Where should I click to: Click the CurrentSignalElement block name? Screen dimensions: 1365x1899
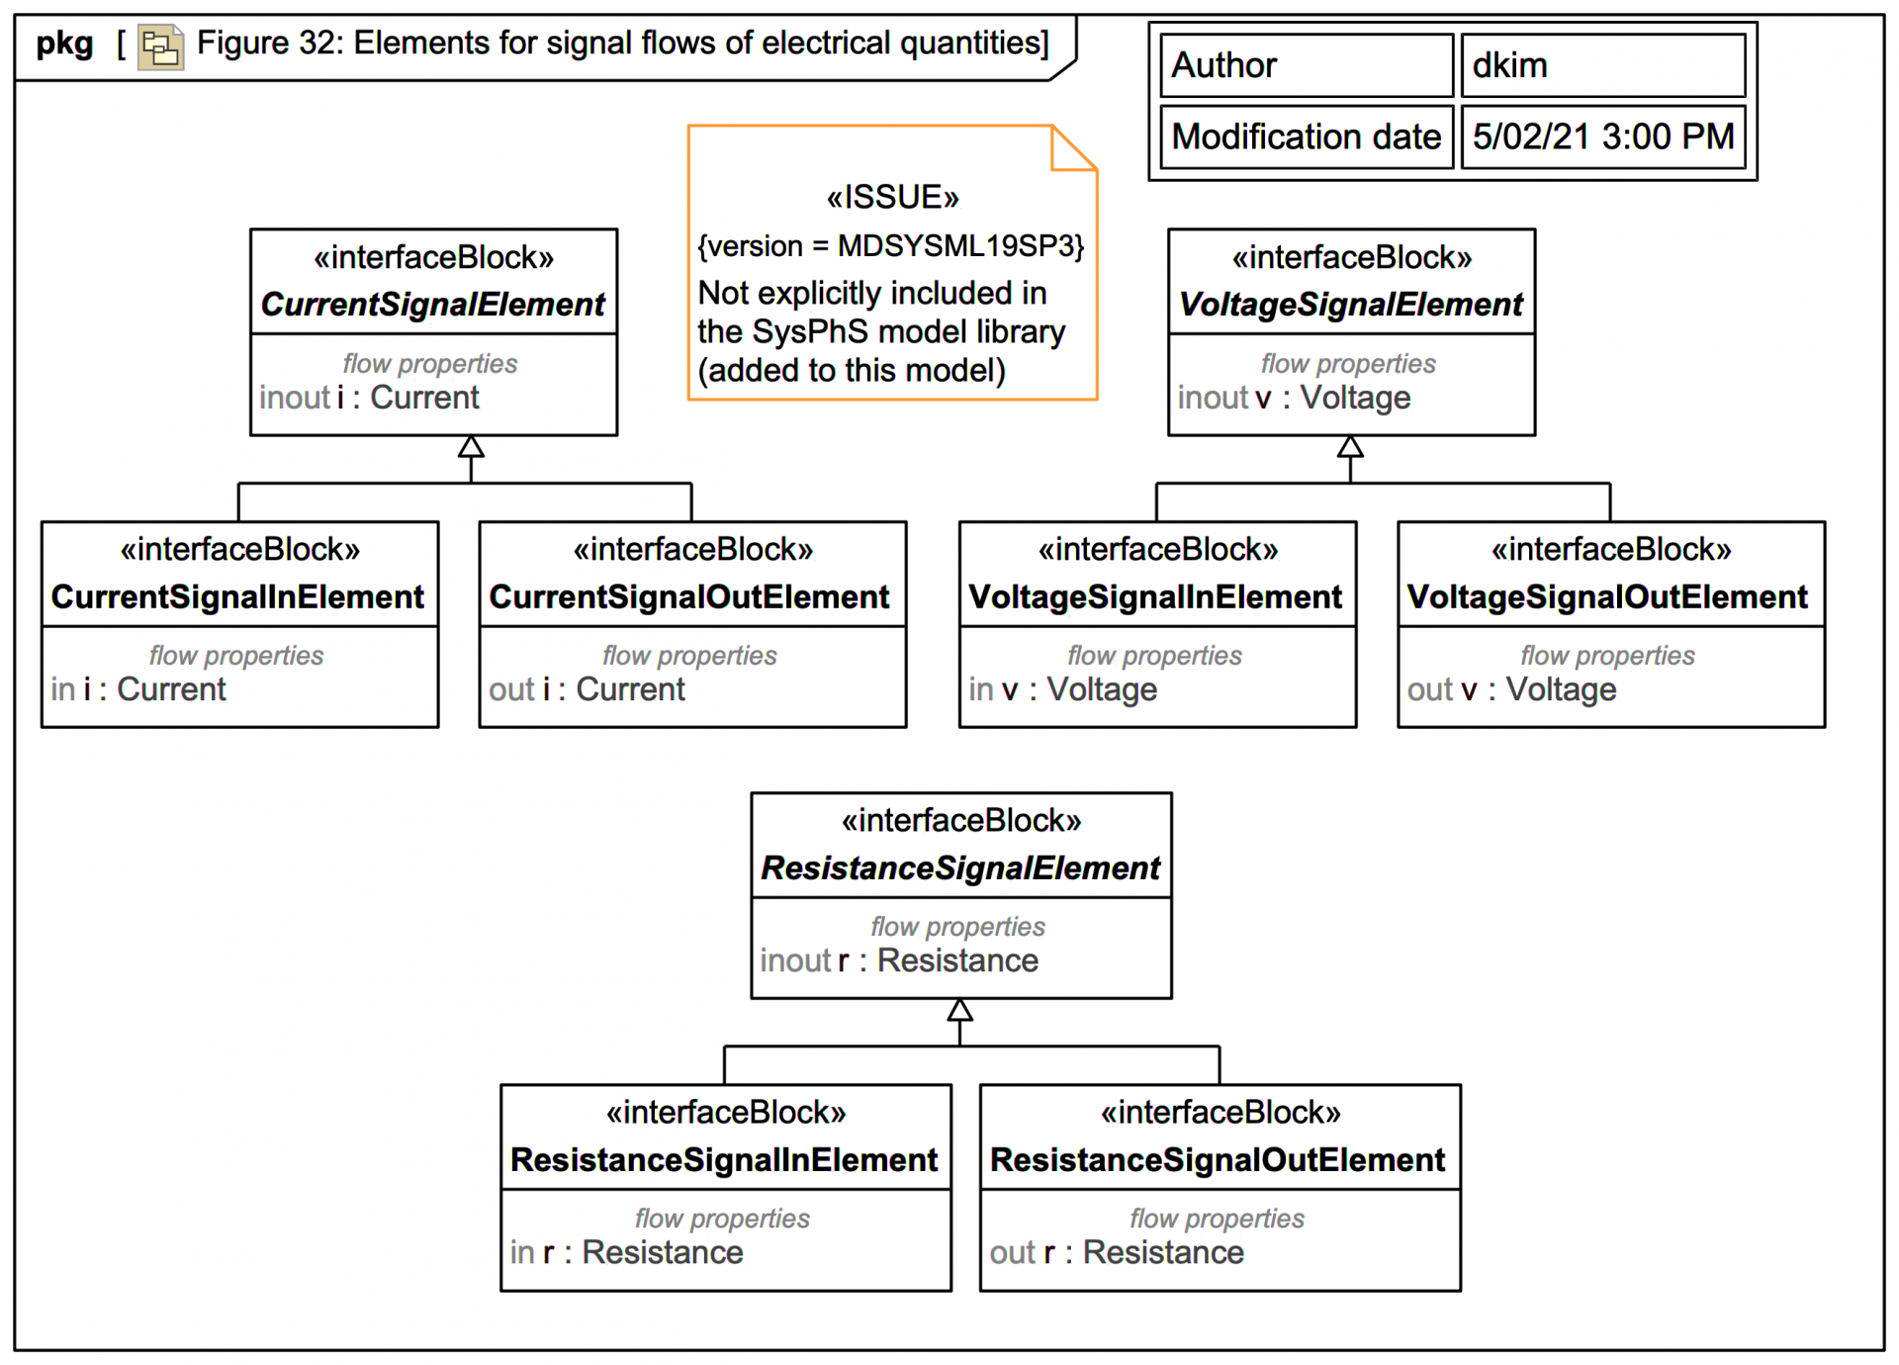coord(432,304)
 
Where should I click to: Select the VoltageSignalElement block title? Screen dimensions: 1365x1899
coord(1350,304)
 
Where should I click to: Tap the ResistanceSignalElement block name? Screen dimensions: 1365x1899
coord(959,867)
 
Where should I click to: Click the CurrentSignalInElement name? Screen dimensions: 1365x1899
coord(237,596)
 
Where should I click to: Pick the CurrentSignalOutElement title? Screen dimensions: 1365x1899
coord(689,596)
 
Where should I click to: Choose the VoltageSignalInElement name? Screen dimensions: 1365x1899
coord(1155,596)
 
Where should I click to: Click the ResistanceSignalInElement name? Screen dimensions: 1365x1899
coord(724,1159)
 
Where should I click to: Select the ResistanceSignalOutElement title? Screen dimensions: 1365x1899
coord(1218,1159)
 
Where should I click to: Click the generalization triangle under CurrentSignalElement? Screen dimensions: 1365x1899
coord(471,447)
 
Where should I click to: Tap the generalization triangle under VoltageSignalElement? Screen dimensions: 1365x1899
coord(1350,447)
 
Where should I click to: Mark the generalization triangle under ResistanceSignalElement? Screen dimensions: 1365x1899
coord(959,1010)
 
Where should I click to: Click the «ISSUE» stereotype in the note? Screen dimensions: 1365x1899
coord(892,197)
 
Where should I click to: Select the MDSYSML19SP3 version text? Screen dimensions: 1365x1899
coord(959,245)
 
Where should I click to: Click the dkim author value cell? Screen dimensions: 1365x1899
coord(1602,65)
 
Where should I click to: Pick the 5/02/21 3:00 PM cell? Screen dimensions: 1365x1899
coord(1602,136)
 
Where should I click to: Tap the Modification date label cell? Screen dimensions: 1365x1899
coord(1306,136)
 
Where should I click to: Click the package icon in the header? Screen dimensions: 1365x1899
coord(160,46)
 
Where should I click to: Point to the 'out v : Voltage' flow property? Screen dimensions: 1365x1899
coord(1511,689)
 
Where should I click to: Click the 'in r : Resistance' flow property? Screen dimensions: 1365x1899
coord(626,1252)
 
